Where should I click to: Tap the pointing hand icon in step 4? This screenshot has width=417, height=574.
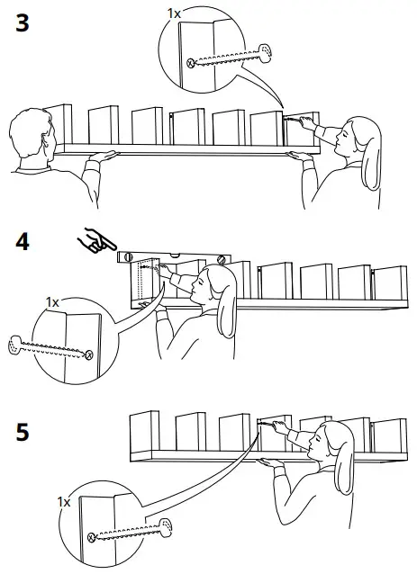[94, 241]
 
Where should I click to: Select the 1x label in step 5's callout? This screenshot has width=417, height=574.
[64, 500]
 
